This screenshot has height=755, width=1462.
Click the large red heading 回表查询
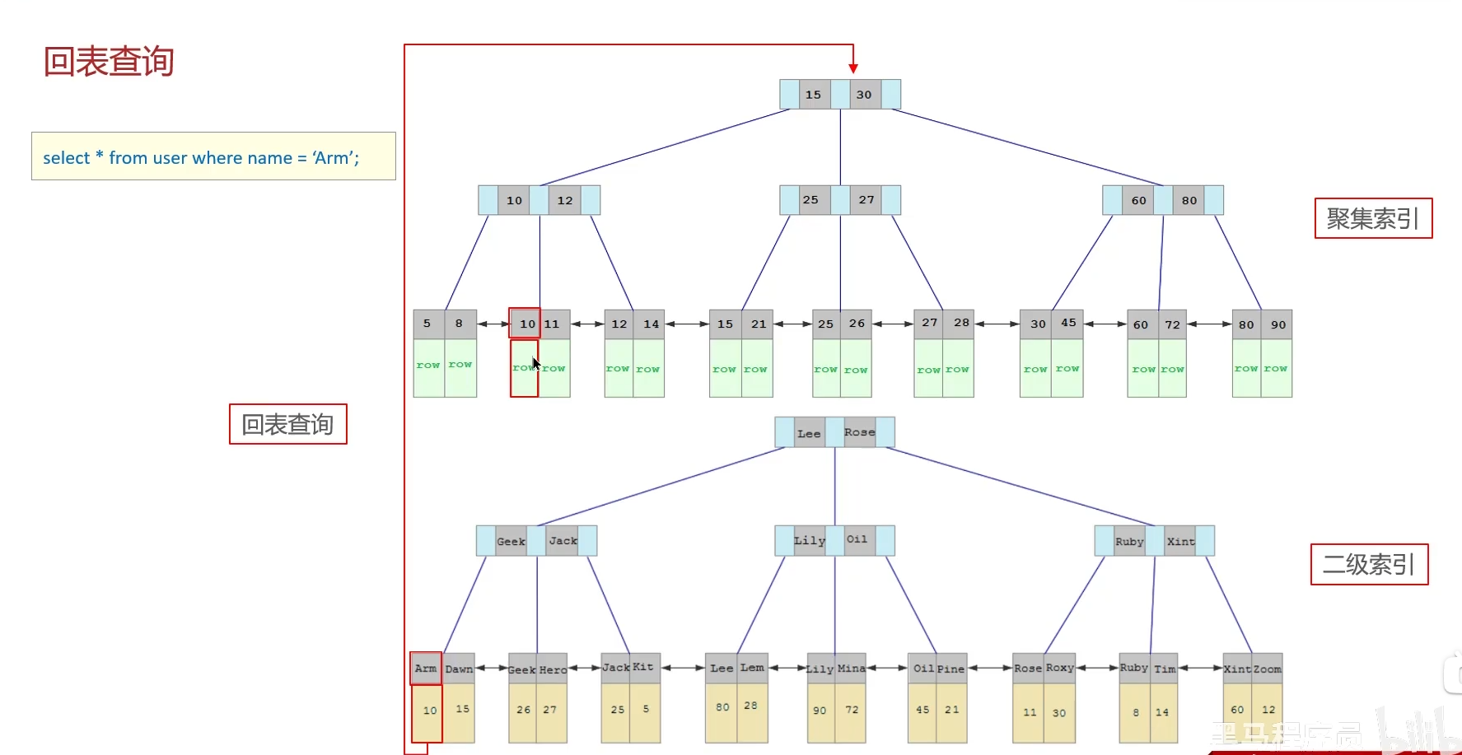(109, 62)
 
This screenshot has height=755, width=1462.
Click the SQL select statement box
(213, 156)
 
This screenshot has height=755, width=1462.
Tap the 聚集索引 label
(1373, 218)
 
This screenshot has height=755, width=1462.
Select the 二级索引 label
(1369, 564)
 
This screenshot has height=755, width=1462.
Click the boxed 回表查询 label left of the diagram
(287, 424)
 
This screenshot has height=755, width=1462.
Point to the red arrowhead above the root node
(853, 68)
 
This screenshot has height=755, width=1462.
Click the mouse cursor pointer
(535, 363)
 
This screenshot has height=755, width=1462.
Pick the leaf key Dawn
(459, 669)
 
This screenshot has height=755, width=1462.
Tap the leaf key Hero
(553, 669)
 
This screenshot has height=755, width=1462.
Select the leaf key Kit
(643, 667)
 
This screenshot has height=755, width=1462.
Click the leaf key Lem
(752, 668)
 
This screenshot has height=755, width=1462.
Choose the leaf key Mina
(851, 669)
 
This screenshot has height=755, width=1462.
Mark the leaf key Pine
(951, 669)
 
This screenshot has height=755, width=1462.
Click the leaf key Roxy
(1060, 668)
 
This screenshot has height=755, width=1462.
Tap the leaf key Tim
(1165, 669)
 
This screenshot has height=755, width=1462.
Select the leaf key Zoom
(1268, 669)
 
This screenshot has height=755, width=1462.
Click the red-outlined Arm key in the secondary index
(426, 668)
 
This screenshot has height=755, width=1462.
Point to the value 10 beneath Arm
(430, 710)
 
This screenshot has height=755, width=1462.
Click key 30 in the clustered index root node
(864, 95)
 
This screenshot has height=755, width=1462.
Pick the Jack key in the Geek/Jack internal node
(563, 541)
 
